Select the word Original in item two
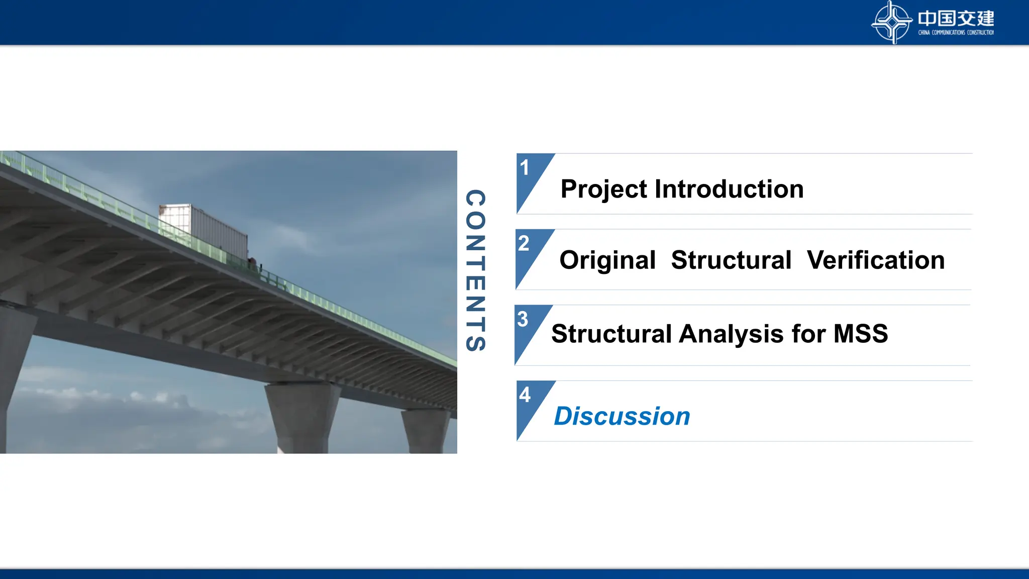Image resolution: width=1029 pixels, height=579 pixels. click(x=607, y=260)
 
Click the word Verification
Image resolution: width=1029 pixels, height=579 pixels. click(x=876, y=260)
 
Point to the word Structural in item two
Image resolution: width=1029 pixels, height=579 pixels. click(x=731, y=260)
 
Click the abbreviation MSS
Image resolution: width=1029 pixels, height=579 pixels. click(x=860, y=334)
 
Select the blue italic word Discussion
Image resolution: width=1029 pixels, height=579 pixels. click(x=622, y=416)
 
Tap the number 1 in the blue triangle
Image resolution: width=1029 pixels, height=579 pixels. click(x=525, y=168)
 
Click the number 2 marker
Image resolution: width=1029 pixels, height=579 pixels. click(x=524, y=244)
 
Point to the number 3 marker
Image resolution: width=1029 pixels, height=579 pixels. click(x=523, y=319)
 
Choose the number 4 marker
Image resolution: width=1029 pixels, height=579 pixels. click(x=525, y=395)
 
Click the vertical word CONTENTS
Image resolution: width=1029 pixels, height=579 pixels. click(x=475, y=270)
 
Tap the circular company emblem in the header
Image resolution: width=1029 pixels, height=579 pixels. click(x=891, y=22)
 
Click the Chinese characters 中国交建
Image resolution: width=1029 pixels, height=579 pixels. click(x=956, y=19)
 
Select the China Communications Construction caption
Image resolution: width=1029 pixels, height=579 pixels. click(x=956, y=33)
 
